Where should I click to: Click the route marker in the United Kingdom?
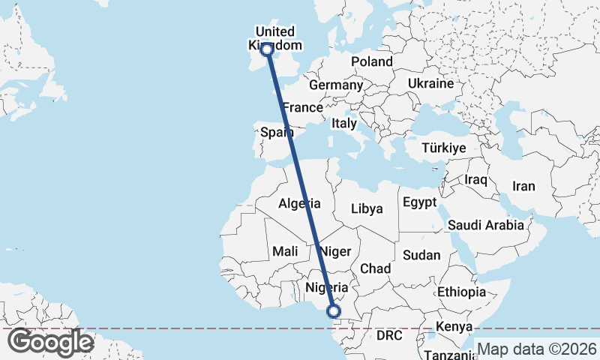point(266,49)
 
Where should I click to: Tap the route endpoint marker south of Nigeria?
point(334,311)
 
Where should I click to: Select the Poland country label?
point(371,61)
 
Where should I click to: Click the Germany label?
point(335,85)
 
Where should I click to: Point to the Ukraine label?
point(431,83)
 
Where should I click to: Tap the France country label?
point(302,107)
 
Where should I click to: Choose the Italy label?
point(344,123)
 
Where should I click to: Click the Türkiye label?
point(445,148)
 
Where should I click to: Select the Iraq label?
point(476,180)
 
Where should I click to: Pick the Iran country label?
point(523,186)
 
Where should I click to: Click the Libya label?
point(367,208)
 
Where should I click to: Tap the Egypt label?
point(419,202)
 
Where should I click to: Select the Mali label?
point(286,251)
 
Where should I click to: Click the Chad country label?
point(375,268)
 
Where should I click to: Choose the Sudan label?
point(421,255)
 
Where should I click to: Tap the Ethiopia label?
point(462,292)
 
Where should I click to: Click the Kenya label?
point(454,327)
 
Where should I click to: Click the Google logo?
point(50,342)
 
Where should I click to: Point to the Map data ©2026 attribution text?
point(537,349)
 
